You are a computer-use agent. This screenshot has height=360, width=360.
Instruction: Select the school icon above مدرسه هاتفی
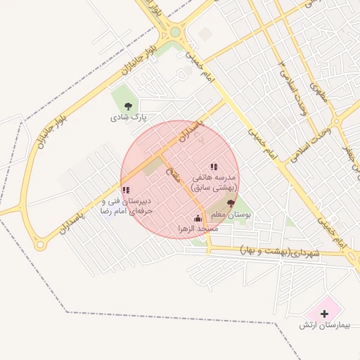click(214, 167)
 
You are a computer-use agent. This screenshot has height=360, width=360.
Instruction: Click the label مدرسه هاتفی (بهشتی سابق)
click(214, 183)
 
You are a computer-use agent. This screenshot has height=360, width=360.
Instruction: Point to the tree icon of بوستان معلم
click(231, 202)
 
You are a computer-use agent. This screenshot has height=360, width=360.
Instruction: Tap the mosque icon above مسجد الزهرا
click(198, 218)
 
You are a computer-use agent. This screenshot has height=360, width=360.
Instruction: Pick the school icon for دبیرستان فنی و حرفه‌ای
click(126, 190)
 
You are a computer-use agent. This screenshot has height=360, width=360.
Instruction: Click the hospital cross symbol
click(324, 313)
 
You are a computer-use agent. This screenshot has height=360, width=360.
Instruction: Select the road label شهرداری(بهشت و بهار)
click(279, 251)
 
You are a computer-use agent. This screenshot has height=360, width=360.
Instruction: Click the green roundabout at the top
click(175, 32)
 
